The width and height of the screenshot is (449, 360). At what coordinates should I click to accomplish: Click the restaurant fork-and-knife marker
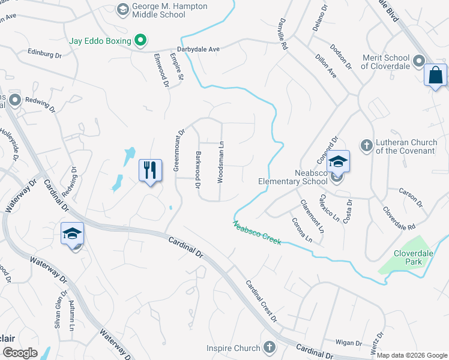point(150,170)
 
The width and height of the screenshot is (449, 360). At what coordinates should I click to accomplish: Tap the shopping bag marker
point(435,76)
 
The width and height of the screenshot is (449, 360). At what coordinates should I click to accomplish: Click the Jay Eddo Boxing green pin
point(140,41)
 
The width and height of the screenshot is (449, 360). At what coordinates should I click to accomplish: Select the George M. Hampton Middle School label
point(170,10)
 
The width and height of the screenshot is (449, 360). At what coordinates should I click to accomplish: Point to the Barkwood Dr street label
point(197,170)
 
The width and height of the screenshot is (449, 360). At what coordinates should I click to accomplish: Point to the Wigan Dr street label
point(349,343)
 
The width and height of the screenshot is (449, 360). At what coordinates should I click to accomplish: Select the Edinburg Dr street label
point(45,54)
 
